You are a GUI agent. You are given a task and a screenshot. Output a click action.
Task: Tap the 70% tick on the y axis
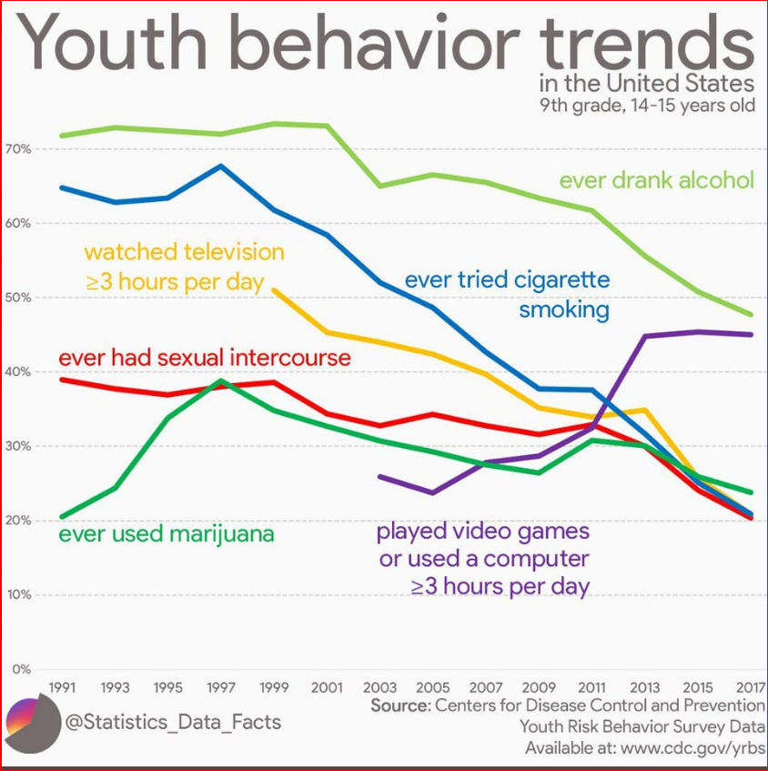pos(20,148)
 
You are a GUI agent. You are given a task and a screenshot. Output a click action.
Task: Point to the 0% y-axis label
pos(22,669)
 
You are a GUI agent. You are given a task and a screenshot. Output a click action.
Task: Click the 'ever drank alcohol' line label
pos(656,180)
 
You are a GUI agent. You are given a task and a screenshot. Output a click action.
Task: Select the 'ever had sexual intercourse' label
pos(205,358)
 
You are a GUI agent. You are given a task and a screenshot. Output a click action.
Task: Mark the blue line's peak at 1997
pos(221,166)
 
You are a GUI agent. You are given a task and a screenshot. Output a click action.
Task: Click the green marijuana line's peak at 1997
pos(221,380)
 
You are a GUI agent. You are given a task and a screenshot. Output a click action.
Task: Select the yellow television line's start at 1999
pos(274,289)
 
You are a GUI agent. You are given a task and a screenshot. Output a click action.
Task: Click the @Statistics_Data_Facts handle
pos(173,724)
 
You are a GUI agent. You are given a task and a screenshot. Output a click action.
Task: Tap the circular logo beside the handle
pos(28,725)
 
